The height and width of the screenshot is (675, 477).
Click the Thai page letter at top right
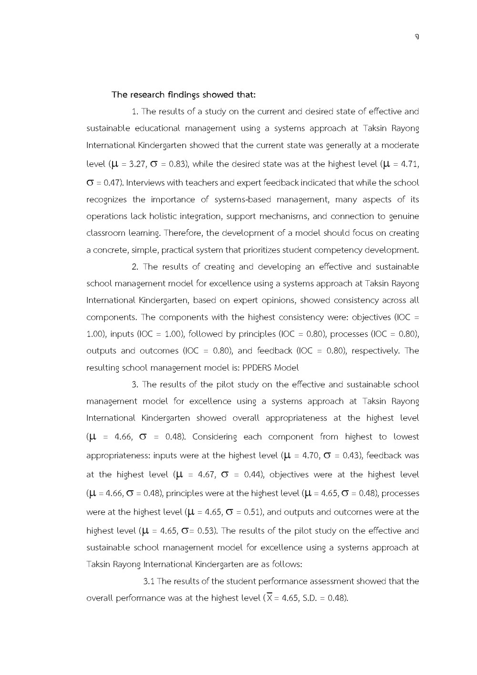(417, 37)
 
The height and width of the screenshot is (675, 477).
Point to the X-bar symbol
(269, 598)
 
